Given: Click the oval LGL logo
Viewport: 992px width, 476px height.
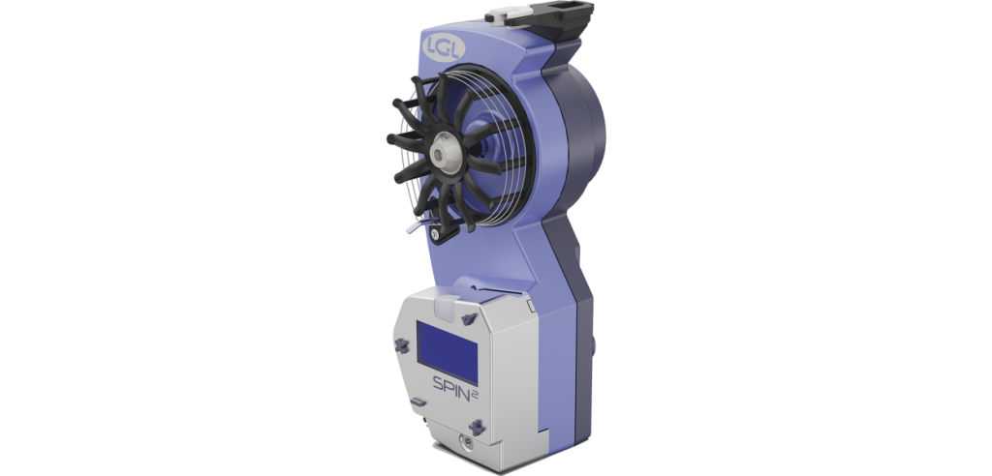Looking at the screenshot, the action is (444, 48).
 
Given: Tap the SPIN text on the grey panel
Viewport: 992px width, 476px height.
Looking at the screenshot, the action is (451, 384).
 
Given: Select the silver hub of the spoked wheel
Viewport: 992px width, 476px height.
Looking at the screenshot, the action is (442, 153).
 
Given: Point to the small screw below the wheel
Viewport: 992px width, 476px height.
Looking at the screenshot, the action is (435, 234).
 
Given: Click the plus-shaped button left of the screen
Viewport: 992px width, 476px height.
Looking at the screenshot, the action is (401, 345).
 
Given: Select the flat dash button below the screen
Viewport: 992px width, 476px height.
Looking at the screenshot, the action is (418, 402).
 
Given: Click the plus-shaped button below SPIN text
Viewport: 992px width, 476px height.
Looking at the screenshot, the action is (477, 427).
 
